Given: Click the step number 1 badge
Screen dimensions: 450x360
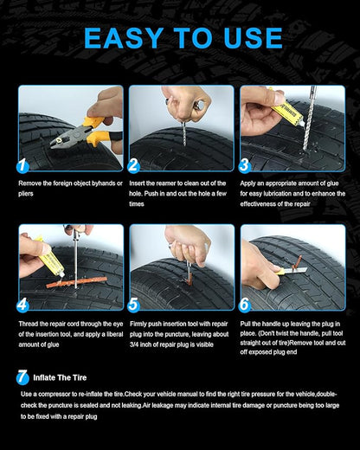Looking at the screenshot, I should (x=23, y=164).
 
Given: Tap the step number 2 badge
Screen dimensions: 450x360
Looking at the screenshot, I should (x=133, y=164).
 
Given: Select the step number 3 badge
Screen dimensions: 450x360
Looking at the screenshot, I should (x=245, y=164).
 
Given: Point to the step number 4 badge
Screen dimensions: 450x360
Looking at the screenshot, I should (x=23, y=304).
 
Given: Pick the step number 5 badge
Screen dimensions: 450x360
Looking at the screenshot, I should (x=133, y=304).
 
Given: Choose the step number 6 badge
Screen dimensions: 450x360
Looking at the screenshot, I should (x=245, y=304).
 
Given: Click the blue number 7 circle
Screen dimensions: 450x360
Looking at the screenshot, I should (x=22, y=376).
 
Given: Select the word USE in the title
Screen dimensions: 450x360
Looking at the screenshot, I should (x=250, y=37).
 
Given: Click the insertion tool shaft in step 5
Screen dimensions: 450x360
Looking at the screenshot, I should (x=187, y=272).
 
